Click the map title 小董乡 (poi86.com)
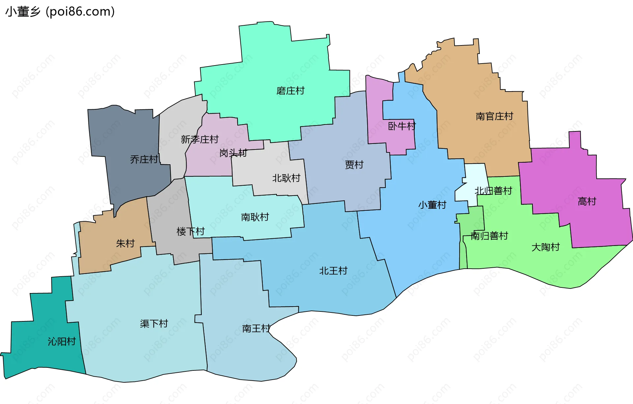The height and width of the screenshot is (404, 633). (60, 12)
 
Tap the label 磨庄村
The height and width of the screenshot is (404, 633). (290, 91)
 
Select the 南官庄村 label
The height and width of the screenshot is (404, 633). (494, 116)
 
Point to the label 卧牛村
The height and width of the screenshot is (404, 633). (402, 126)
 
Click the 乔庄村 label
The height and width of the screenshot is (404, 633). (144, 159)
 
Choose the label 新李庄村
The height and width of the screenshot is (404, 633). (199, 139)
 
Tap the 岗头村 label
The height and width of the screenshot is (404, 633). (233, 153)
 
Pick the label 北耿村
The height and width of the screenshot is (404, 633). (286, 178)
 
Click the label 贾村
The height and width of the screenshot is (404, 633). (354, 164)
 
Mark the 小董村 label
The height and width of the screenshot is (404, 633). (432, 205)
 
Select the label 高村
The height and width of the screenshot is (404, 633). (587, 201)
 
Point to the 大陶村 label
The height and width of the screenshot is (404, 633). (545, 247)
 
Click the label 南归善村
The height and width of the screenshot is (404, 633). (489, 236)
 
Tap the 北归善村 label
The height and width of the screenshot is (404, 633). (493, 191)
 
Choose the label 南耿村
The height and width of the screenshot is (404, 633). (255, 217)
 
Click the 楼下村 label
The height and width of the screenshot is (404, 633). (191, 231)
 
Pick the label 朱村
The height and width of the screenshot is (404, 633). (125, 243)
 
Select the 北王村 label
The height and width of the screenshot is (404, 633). (333, 271)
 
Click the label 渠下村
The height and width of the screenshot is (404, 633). (154, 324)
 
